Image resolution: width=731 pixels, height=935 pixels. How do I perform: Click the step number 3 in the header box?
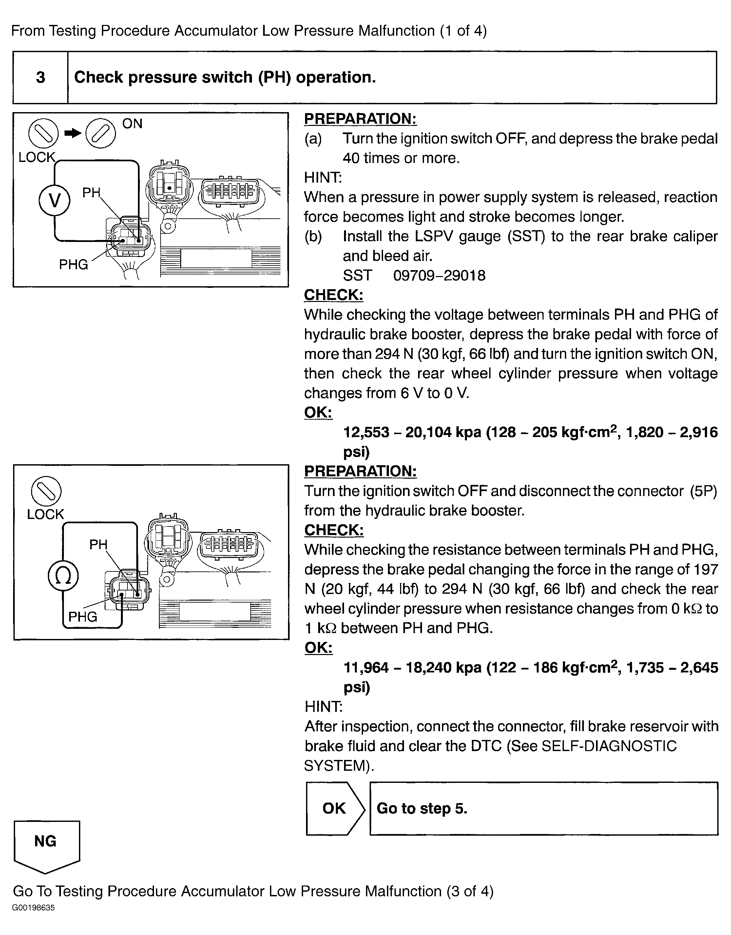pyautogui.click(x=41, y=77)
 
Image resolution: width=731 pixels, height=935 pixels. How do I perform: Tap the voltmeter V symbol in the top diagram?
pyautogui.click(x=54, y=200)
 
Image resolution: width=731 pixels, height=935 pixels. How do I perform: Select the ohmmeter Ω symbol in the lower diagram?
pyautogui.click(x=63, y=576)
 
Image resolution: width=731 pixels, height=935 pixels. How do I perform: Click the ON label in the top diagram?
pyautogui.click(x=132, y=124)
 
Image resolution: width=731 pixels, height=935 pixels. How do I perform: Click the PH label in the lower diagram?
pyautogui.click(x=98, y=545)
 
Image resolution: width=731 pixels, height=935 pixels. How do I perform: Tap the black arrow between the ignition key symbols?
pyautogui.click(x=73, y=133)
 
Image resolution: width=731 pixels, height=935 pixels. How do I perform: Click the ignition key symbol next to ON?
pyautogui.click(x=101, y=133)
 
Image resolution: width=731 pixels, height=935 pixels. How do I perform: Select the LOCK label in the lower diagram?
pyautogui.click(x=45, y=514)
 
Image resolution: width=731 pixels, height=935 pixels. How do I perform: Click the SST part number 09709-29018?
pyautogui.click(x=439, y=275)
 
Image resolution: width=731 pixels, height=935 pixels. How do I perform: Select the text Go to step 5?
pyautogui.click(x=422, y=808)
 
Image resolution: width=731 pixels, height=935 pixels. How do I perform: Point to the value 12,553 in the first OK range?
pyautogui.click(x=366, y=432)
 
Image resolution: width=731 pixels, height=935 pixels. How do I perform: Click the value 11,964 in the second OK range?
pyautogui.click(x=366, y=667)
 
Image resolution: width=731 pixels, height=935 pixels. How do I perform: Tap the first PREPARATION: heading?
pyautogui.click(x=360, y=119)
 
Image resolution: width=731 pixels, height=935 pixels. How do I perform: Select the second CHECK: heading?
pyautogui.click(x=334, y=530)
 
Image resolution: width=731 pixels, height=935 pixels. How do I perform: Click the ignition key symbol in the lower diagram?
pyautogui.click(x=46, y=491)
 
